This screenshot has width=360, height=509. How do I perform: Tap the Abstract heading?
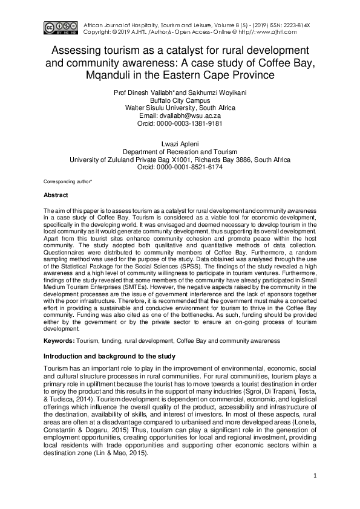tap(56, 195)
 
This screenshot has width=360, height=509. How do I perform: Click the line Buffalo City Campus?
tap(180, 100)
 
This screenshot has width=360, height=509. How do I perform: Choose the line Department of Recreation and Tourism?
tap(180, 152)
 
